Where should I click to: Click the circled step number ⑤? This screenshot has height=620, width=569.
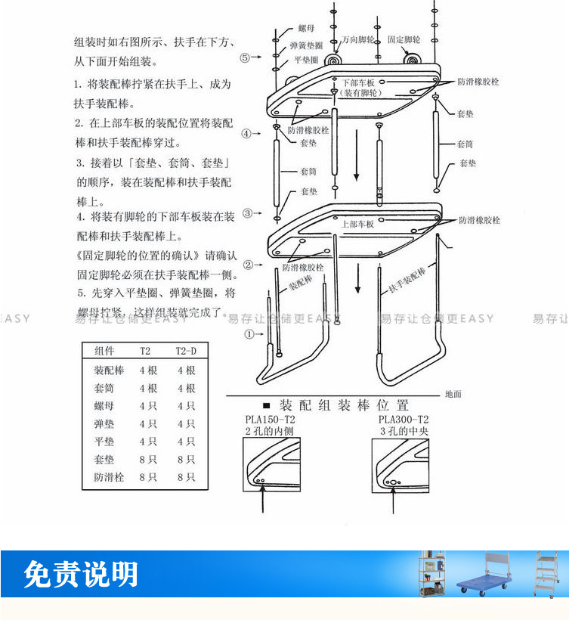click(245, 57)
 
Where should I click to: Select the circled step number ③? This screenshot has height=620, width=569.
click(247, 213)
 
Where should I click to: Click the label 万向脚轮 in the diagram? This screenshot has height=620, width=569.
click(357, 39)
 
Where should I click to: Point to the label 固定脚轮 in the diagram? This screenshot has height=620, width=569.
click(404, 39)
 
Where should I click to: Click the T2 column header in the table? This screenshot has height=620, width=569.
click(145, 352)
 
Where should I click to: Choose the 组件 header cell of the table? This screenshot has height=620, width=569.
click(105, 352)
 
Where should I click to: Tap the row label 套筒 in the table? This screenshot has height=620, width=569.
click(104, 388)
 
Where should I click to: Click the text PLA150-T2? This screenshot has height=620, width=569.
click(270, 420)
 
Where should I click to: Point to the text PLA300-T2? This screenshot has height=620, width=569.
click(403, 420)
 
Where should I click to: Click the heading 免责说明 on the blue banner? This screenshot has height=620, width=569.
click(81, 575)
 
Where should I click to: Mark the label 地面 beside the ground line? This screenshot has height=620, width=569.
click(453, 394)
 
